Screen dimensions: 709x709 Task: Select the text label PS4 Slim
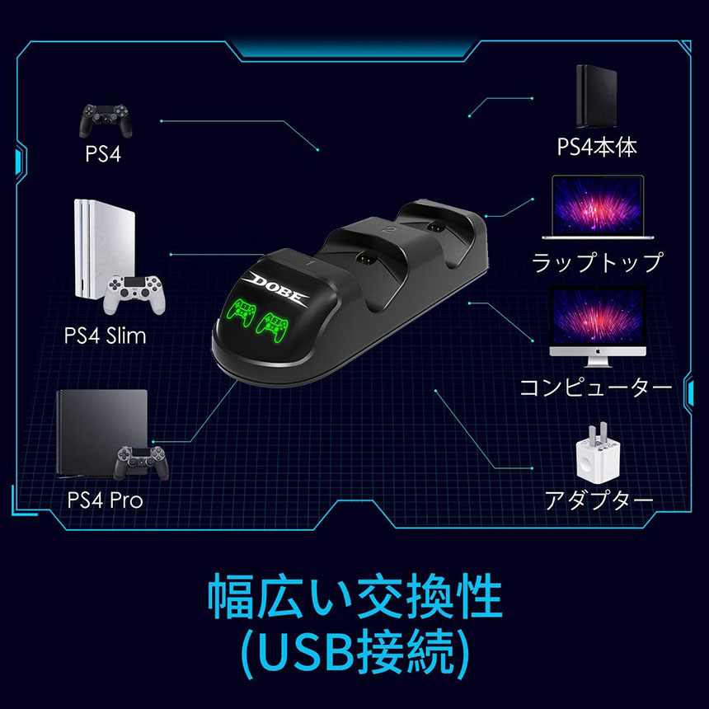coord(104,336)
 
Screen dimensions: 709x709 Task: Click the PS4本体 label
coord(596,148)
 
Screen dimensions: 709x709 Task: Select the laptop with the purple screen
coord(597,210)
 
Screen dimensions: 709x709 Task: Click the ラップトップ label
coord(597,263)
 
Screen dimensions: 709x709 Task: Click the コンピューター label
coord(596,387)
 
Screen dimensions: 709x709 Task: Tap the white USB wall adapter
coord(595,456)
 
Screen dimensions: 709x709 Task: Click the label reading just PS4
coord(103,154)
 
